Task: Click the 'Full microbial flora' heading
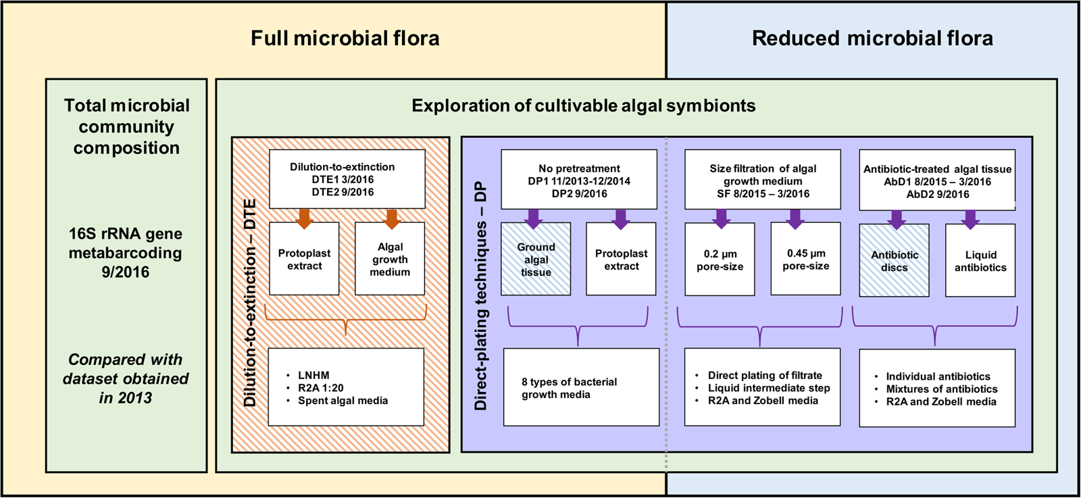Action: click(x=345, y=38)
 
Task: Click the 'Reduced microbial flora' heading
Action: click(x=872, y=38)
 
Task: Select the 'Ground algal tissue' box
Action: click(x=536, y=259)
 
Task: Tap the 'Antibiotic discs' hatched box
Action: click(x=894, y=261)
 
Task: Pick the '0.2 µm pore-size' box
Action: click(x=720, y=260)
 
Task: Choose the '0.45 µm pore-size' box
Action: click(x=805, y=259)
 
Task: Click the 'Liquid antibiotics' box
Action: click(x=980, y=261)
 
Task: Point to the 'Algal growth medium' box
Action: click(x=390, y=259)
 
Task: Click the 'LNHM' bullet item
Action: click(x=313, y=375)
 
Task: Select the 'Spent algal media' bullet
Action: click(x=343, y=401)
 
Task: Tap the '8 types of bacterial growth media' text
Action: click(x=569, y=388)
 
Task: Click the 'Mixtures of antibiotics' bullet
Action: click(x=941, y=389)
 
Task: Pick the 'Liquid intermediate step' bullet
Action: click(x=768, y=388)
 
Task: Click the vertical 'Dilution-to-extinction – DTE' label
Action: click(x=250, y=302)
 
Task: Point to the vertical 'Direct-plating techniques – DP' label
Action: click(x=480, y=295)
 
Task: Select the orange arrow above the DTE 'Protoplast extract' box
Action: click(x=304, y=218)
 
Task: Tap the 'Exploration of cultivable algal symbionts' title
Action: click(x=583, y=106)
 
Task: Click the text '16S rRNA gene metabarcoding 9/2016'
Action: click(x=126, y=253)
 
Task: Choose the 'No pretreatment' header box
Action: click(x=579, y=180)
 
